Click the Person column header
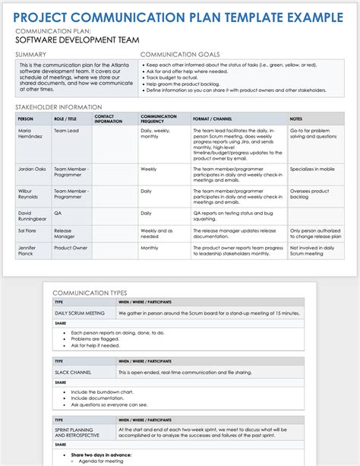click(25, 119)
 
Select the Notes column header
click(297, 119)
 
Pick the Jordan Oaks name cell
click(33, 169)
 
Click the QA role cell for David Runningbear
click(58, 214)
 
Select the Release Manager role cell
click(65, 232)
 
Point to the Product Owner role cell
click(71, 248)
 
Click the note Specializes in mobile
click(314, 169)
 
